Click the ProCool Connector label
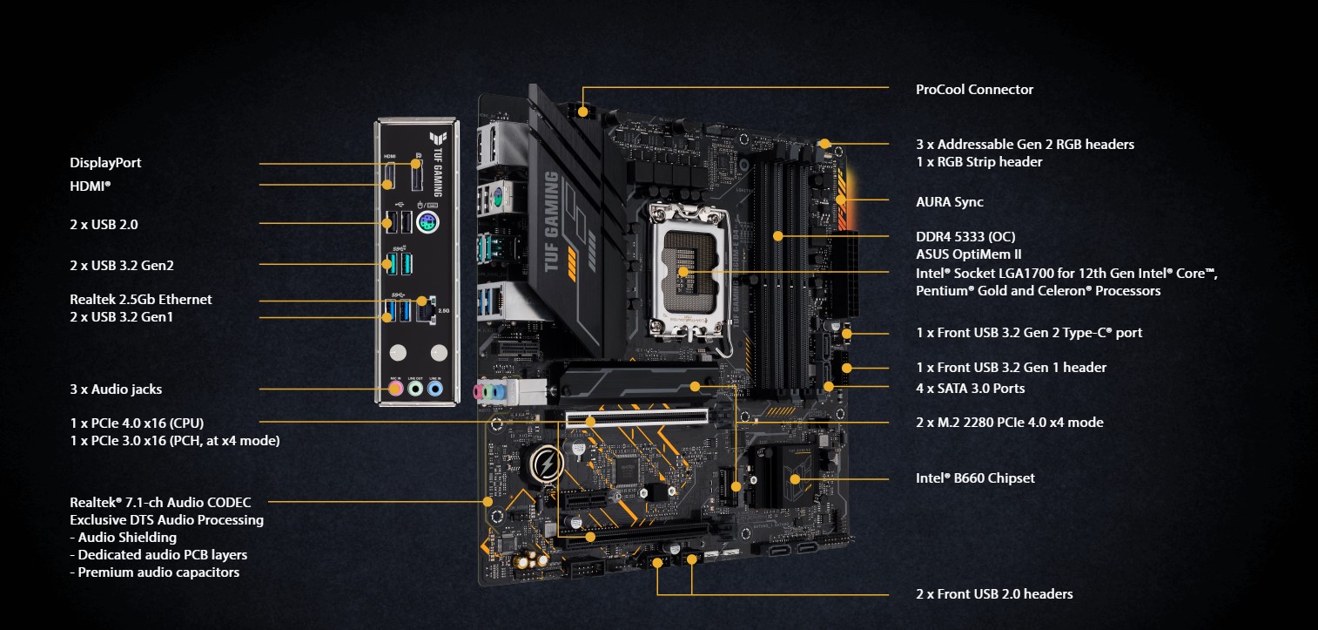pos(974,89)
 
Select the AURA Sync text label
pos(949,201)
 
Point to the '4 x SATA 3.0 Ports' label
pos(970,388)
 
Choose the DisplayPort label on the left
pos(105,162)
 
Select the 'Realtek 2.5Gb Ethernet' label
pos(141,299)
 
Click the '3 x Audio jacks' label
pos(116,389)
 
